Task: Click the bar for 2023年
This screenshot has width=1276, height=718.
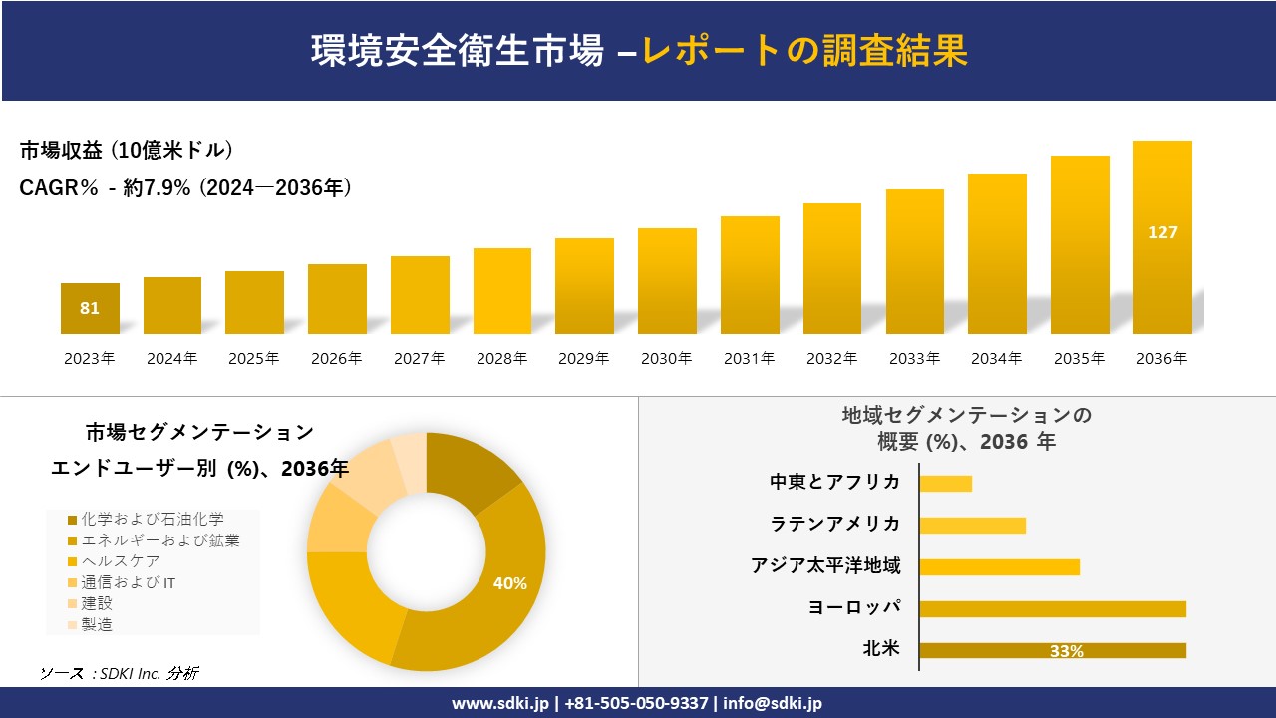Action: tap(90, 309)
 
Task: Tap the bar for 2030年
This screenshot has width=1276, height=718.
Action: tap(667, 281)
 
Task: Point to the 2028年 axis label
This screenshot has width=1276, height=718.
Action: tap(501, 359)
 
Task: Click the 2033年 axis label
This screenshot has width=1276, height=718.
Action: tap(914, 359)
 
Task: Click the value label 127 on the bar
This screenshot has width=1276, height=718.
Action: tap(1162, 232)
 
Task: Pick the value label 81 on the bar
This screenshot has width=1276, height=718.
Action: tap(90, 308)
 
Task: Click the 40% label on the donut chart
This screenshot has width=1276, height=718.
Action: tap(509, 583)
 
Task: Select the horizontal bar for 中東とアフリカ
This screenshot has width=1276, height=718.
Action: tap(945, 484)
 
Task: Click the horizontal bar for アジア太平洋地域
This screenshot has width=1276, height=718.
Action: tap(999, 567)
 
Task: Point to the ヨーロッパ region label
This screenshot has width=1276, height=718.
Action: tap(854, 608)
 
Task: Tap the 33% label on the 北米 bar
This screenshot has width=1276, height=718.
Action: tap(1066, 651)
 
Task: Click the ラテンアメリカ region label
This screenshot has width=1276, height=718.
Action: tap(834, 525)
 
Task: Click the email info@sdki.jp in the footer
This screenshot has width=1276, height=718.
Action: tap(773, 703)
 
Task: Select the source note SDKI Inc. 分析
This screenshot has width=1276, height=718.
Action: tap(120, 674)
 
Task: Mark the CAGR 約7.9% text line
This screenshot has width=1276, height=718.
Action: tap(185, 187)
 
